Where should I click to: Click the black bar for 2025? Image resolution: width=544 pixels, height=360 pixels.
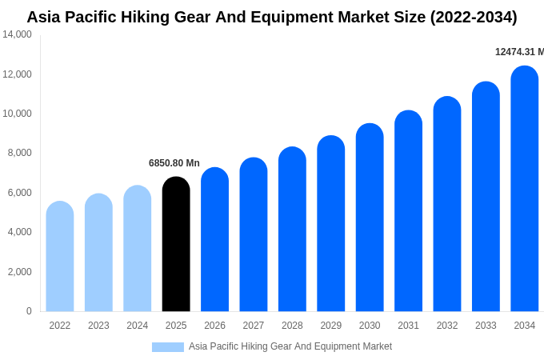[x=176, y=244]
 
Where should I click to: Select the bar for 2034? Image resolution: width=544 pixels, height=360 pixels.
[x=524, y=189]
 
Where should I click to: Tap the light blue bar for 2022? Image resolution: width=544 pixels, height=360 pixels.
[x=60, y=256]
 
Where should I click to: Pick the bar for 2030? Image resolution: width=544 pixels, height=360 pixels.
[x=370, y=218]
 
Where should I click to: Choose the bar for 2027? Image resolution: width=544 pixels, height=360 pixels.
[x=254, y=234]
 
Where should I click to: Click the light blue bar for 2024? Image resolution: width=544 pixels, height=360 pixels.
[x=138, y=248]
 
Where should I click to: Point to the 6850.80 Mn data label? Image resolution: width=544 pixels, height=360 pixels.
[x=174, y=163]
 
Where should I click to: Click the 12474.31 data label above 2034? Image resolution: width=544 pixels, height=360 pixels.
[x=519, y=52]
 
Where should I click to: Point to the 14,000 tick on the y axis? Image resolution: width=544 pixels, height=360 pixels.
[x=18, y=34]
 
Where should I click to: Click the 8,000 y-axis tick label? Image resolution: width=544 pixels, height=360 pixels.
[x=20, y=153]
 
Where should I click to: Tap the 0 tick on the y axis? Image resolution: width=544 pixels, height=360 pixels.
[x=29, y=311]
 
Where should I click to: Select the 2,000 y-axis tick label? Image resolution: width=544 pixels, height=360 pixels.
[x=20, y=272]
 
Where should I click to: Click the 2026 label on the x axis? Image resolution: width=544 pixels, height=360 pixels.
[x=214, y=326]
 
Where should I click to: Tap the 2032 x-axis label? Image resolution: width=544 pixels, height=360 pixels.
[x=447, y=326]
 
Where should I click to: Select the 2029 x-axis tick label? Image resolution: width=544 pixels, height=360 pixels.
[x=331, y=326]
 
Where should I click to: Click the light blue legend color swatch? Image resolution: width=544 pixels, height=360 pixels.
[x=168, y=347]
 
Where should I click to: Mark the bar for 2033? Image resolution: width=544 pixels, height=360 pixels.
[x=486, y=197]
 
